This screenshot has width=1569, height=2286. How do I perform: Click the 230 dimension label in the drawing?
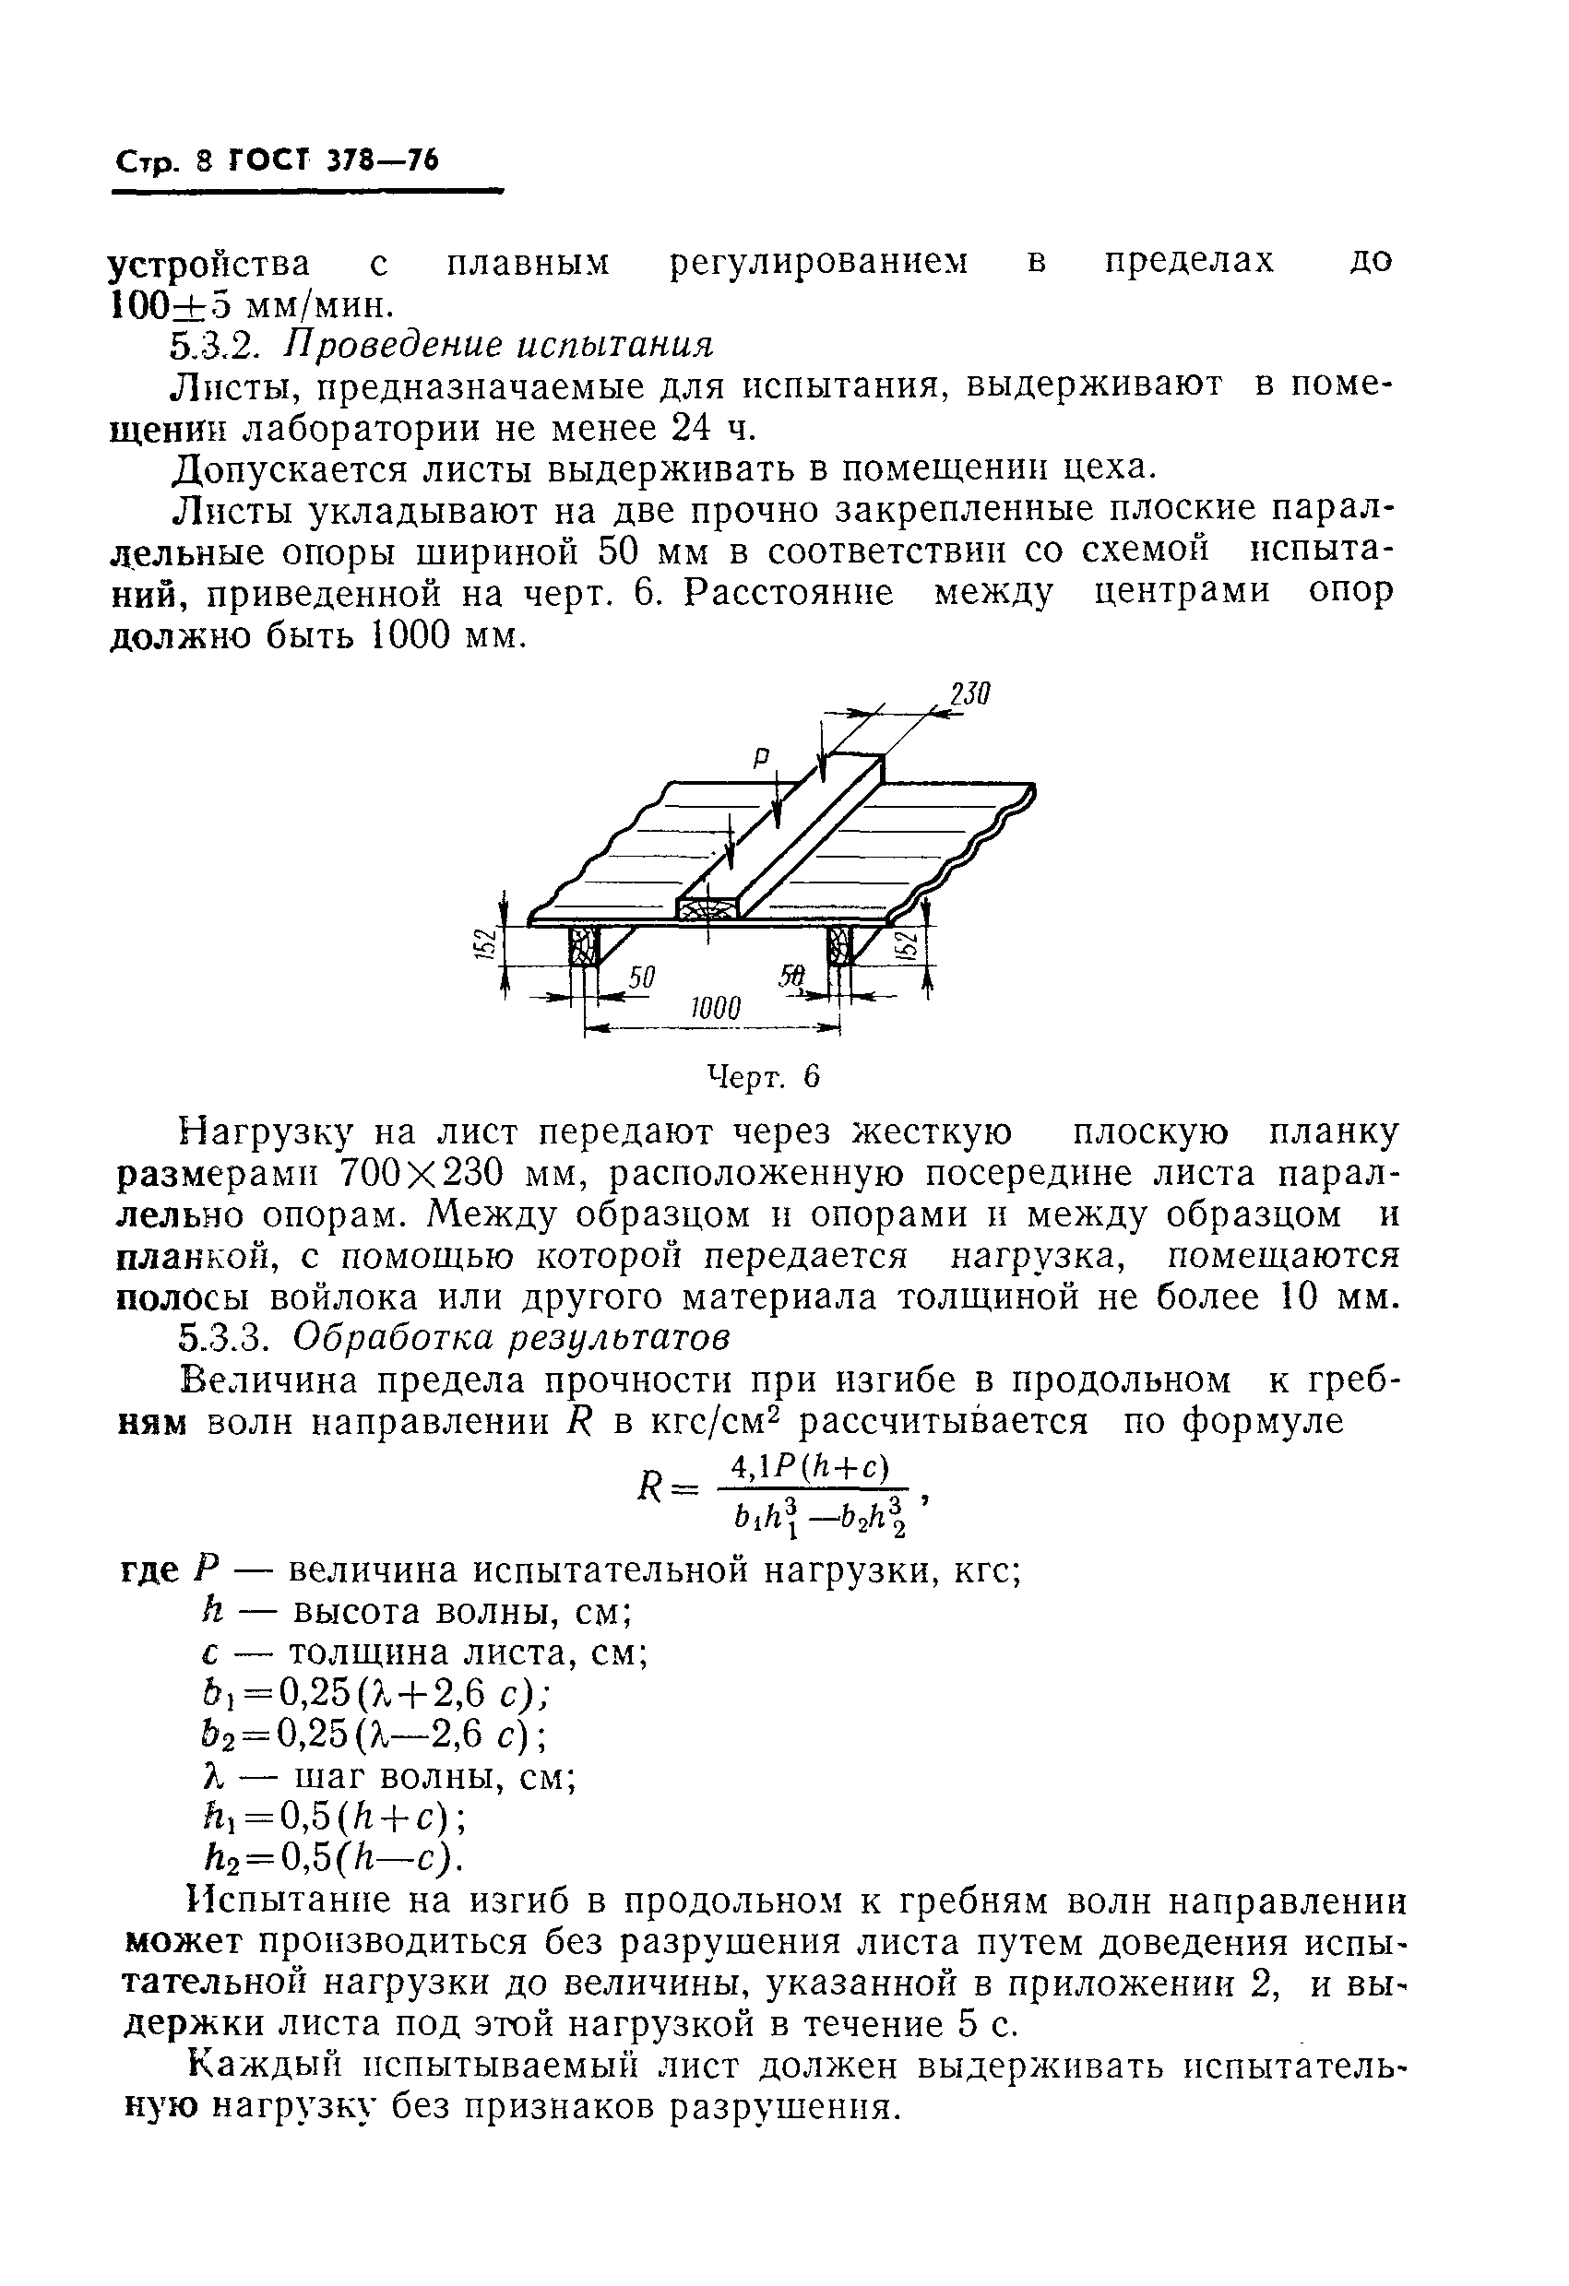click(967, 694)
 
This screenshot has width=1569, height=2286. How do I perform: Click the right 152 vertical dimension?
click(909, 946)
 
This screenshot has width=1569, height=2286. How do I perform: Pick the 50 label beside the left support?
click(641, 977)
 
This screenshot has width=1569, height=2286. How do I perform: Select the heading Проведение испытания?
click(498, 344)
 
